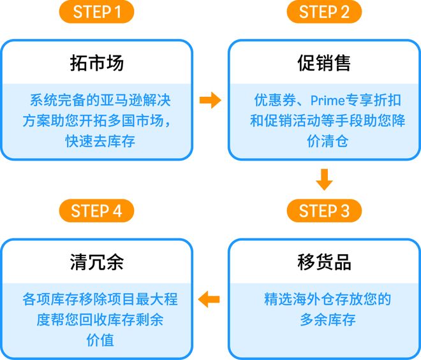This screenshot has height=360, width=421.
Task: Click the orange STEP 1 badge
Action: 96,12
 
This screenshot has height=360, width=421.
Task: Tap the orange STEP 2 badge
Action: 324,12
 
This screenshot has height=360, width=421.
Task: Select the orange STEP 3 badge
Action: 324,211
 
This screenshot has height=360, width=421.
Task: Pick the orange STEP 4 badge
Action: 96,211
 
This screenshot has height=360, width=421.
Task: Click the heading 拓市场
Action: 96,64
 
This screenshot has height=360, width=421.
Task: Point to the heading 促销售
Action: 324,64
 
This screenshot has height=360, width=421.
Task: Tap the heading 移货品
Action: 324,263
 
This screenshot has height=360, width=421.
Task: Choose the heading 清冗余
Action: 96,263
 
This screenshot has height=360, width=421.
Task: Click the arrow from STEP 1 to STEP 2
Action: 210,100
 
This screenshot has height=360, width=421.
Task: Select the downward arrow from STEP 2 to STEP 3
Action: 324,180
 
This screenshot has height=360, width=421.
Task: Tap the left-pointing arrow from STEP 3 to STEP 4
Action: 210,298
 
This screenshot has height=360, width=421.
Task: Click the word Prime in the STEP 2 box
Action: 329,101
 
